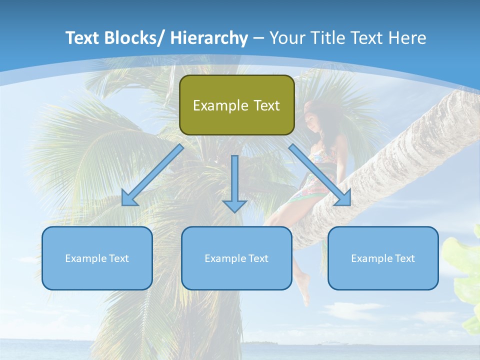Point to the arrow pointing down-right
(320, 174)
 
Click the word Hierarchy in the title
(209, 38)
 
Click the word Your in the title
(286, 38)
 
